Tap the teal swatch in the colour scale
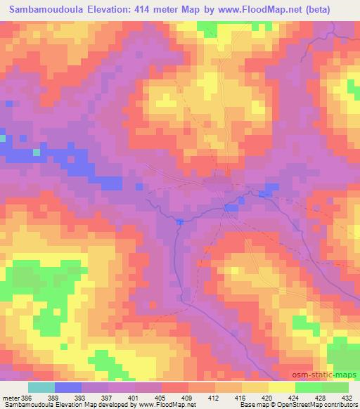pos(41,387)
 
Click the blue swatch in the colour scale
pos(67,387)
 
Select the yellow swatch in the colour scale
pos(281,387)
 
